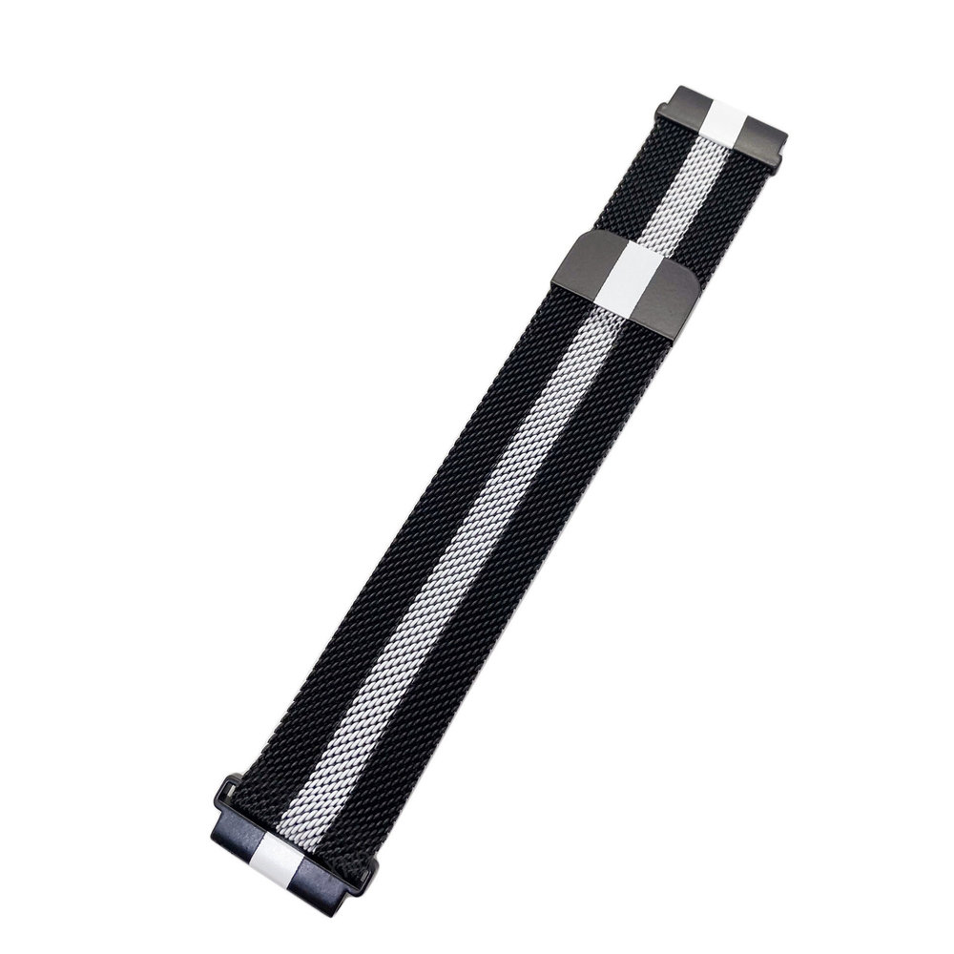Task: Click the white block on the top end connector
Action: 727,122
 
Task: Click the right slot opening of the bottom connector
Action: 370,866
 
